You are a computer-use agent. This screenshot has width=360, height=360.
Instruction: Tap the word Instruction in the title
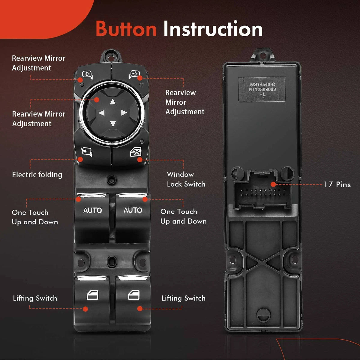(x=213, y=28)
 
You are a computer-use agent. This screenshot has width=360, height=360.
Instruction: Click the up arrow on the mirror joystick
(x=112, y=102)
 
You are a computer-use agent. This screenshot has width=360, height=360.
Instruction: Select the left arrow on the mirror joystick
(x=102, y=113)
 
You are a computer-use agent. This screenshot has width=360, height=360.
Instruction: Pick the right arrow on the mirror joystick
(x=124, y=113)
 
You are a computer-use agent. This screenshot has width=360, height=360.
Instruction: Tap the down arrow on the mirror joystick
(x=113, y=124)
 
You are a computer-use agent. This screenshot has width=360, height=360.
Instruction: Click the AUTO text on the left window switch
(x=92, y=211)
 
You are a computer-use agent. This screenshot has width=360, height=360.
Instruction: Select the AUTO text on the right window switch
(x=133, y=210)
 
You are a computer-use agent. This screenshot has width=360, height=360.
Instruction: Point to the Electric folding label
(x=37, y=175)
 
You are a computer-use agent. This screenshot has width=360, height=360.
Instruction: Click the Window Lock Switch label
(x=186, y=179)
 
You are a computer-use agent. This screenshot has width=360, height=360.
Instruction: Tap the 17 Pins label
(x=337, y=184)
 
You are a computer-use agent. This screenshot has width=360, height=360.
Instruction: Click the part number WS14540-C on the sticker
(x=262, y=84)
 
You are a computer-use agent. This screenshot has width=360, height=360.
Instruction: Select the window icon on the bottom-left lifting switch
(x=92, y=295)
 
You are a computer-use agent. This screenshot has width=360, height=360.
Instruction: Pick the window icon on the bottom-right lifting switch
(x=134, y=295)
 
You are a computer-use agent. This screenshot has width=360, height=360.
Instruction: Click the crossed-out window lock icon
(x=136, y=152)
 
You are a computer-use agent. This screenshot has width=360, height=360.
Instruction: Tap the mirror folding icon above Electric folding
(x=87, y=152)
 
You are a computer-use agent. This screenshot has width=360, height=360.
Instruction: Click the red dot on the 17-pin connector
(x=273, y=184)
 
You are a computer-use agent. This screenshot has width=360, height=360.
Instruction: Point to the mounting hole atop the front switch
(x=111, y=57)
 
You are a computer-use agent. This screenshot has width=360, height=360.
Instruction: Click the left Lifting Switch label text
(x=35, y=298)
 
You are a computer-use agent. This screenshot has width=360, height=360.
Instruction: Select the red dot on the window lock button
(x=140, y=160)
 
